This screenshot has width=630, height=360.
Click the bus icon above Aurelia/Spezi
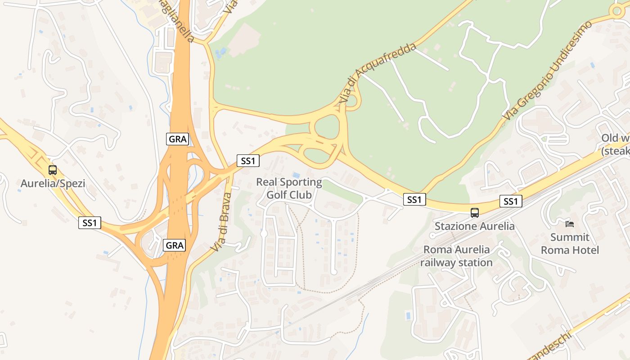(x=53, y=170)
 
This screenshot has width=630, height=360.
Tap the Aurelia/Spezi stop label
(x=53, y=184)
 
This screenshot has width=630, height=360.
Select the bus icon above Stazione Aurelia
(x=475, y=213)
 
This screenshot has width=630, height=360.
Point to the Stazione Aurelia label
(x=474, y=226)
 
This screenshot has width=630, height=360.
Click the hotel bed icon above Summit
(x=570, y=224)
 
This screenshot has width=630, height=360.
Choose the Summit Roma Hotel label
(x=570, y=243)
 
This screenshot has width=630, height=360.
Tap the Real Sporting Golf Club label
(x=289, y=189)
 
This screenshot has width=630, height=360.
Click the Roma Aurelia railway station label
(x=456, y=256)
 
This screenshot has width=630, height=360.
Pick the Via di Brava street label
(x=221, y=222)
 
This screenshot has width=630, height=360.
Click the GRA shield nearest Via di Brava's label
(x=174, y=245)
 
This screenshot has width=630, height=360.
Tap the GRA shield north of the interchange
(x=177, y=139)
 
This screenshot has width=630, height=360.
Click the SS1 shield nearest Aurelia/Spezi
(x=90, y=222)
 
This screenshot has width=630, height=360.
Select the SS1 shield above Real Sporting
(x=248, y=161)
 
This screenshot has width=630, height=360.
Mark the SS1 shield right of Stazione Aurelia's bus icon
(x=511, y=201)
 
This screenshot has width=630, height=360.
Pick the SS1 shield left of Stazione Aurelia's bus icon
(x=414, y=199)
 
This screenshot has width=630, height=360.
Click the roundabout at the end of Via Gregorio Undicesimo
(x=616, y=11)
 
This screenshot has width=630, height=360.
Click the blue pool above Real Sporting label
(x=296, y=175)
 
